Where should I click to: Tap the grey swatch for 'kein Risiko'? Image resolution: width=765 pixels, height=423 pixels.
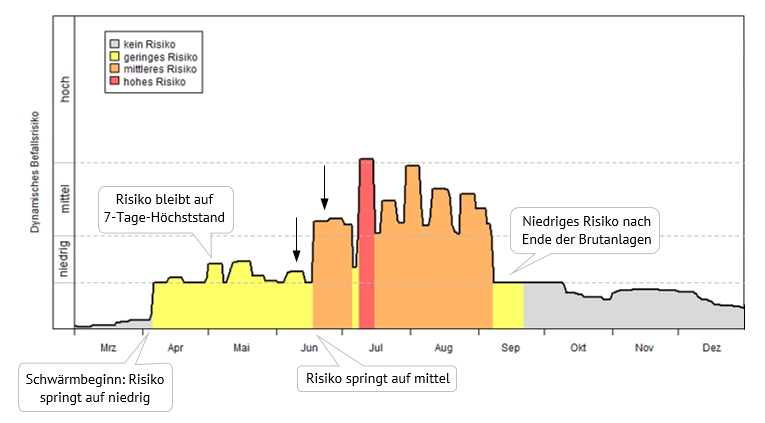115,45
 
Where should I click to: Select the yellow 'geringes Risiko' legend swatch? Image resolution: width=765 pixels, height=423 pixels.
115,57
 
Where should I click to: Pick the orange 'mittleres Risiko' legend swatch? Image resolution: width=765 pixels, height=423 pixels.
115,69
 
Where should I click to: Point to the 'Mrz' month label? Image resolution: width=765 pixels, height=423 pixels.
109,348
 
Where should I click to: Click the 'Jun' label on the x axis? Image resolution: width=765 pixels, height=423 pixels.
309,348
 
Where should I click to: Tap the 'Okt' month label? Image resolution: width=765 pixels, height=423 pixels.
577,348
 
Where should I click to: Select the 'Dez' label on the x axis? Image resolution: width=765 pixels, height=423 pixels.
712,348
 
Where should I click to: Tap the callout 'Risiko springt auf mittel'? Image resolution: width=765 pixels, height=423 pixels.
377,379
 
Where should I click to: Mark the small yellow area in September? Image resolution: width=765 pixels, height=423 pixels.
509,304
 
